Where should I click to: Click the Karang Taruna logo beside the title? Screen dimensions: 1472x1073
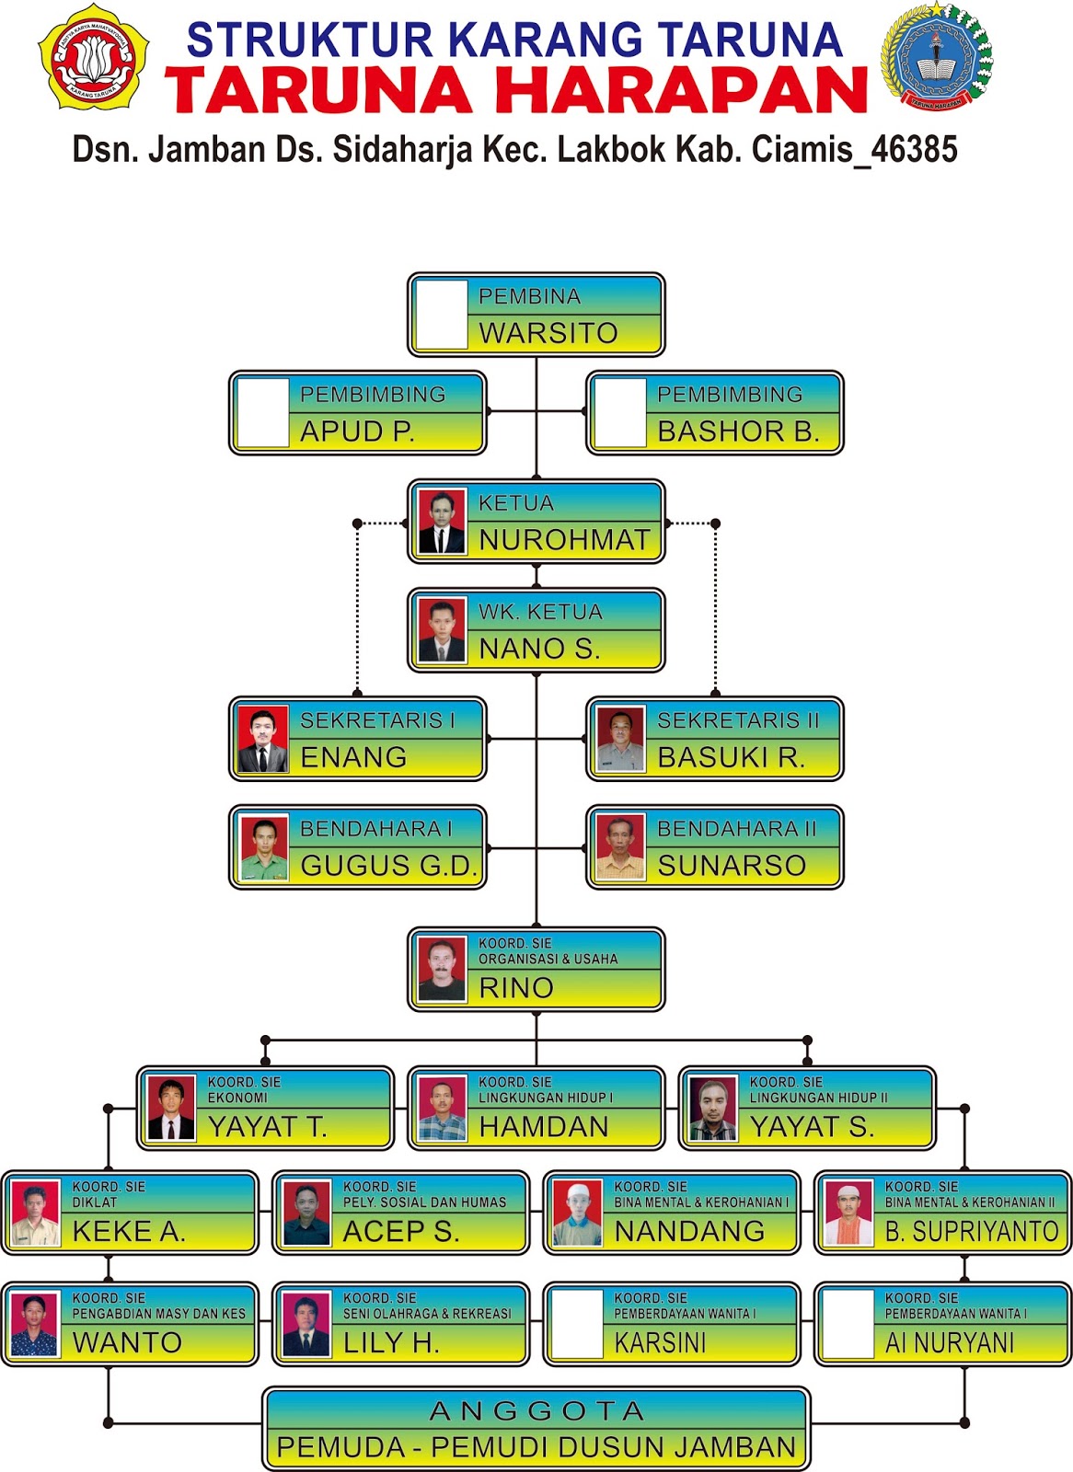(93, 57)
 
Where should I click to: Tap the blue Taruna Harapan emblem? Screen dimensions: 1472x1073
(936, 57)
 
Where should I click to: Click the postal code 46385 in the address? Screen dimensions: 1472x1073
(914, 149)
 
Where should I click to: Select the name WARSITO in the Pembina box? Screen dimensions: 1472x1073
(548, 333)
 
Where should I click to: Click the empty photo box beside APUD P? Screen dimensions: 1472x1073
(263, 413)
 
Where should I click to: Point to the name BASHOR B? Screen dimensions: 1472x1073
(738, 431)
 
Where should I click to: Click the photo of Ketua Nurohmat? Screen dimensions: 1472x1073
(442, 522)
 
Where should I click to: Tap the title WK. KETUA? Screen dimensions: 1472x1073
(540, 612)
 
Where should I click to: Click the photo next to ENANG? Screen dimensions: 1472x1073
(263, 739)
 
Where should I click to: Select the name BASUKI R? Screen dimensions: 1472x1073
(731, 757)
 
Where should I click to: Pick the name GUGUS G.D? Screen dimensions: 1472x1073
(388, 866)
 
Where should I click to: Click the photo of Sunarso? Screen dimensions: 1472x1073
(620, 847)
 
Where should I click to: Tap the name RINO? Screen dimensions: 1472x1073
(516, 988)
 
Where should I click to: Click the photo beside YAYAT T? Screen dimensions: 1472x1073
(171, 1109)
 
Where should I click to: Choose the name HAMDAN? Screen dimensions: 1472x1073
(544, 1127)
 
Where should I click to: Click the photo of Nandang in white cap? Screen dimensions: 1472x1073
(577, 1213)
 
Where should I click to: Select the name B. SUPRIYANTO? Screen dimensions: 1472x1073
(972, 1232)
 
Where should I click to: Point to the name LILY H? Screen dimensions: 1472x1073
(391, 1343)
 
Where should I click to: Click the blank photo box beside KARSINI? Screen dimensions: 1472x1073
(577, 1325)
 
